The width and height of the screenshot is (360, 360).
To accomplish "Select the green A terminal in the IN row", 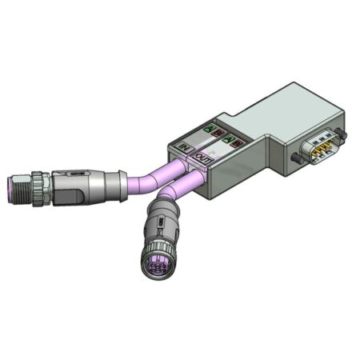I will coord(210,127).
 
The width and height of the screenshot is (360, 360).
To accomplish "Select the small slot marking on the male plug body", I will coord(76,171).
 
